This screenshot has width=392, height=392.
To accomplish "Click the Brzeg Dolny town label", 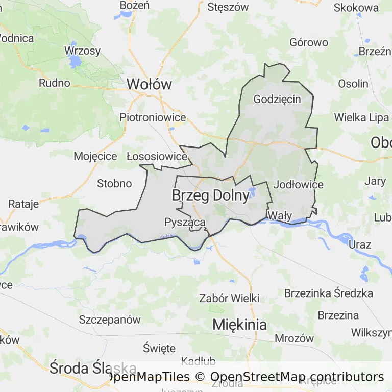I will (210, 195).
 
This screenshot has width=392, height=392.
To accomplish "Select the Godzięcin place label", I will (277, 99).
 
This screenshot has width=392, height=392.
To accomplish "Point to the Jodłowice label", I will (299, 184).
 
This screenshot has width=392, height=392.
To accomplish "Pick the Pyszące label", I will (185, 222).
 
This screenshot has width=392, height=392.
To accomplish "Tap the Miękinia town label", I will (239, 324).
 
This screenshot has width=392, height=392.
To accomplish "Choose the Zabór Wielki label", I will (229, 298).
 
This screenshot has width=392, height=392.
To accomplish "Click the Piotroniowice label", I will (153, 117).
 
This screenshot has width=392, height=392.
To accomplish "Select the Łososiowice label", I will (157, 156).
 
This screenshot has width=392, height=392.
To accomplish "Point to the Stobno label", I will (114, 183).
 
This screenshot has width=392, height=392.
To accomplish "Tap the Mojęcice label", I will (95, 156).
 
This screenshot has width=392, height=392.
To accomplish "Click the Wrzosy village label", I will (82, 51).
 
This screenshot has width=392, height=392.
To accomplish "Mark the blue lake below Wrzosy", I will (75, 63).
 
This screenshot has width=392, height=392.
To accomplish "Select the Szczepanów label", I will (110, 320).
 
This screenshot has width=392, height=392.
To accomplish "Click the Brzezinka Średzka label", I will (328, 293).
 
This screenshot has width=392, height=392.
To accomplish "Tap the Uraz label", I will (360, 244).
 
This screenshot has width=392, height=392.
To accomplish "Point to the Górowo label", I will (309, 42).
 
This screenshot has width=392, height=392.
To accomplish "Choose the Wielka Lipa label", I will (361, 117).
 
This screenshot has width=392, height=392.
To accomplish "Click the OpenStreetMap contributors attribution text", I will (297, 377).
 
